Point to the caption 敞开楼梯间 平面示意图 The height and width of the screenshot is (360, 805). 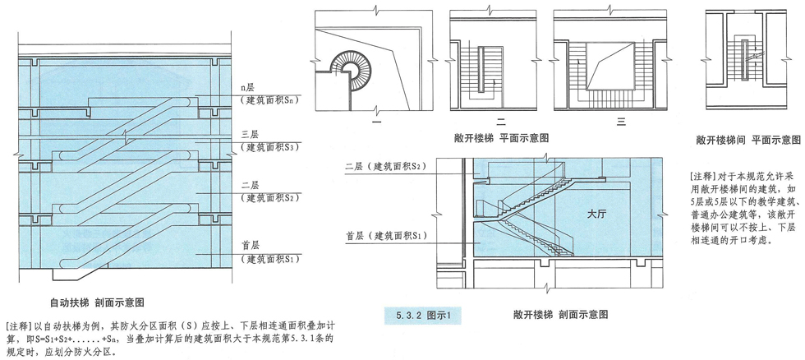[747, 141]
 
